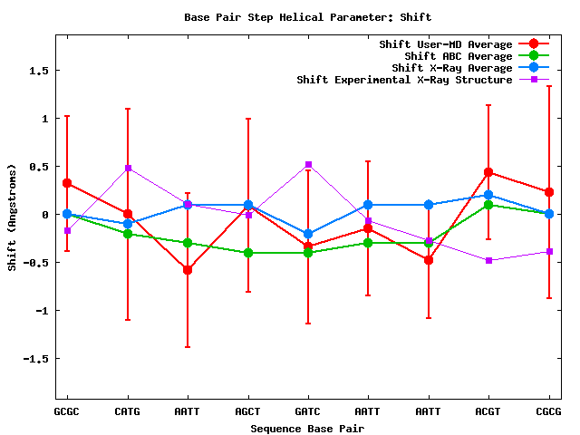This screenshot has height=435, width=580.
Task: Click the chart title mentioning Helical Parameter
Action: point(307,16)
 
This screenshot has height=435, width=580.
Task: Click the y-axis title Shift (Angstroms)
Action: point(12,217)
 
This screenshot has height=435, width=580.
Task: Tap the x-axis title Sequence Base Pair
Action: point(307,428)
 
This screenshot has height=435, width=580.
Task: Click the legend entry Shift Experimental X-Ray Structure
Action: point(405,80)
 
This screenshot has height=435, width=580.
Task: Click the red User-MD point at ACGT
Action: point(488,172)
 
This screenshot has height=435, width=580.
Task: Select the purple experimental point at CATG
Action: point(128,168)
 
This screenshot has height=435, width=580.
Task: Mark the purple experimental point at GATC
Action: point(308,164)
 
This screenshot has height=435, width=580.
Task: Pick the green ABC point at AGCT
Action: point(248,253)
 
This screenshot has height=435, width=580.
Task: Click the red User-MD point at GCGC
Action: point(67,183)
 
